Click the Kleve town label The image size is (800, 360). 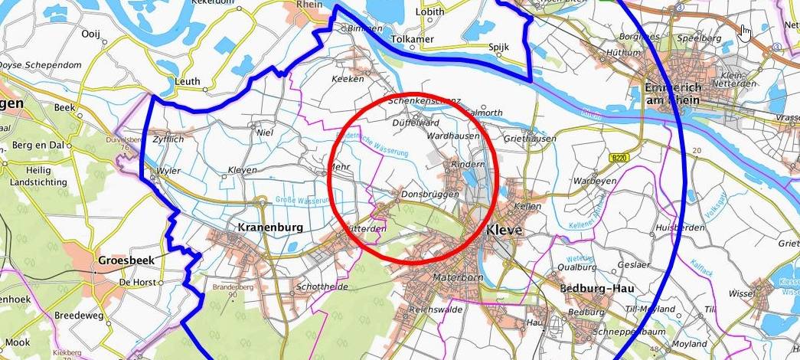coord(504,230)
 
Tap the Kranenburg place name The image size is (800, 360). coord(270,227)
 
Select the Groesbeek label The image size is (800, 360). coord(126,260)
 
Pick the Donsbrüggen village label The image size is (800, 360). coord(429,195)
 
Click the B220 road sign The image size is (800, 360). coord(619,158)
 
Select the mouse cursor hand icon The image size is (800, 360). coord(745,32)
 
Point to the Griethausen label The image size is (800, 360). coord(529,139)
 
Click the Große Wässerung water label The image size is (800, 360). coord(302,201)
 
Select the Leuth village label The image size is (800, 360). coord(187,81)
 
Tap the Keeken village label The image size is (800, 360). coord(346,79)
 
